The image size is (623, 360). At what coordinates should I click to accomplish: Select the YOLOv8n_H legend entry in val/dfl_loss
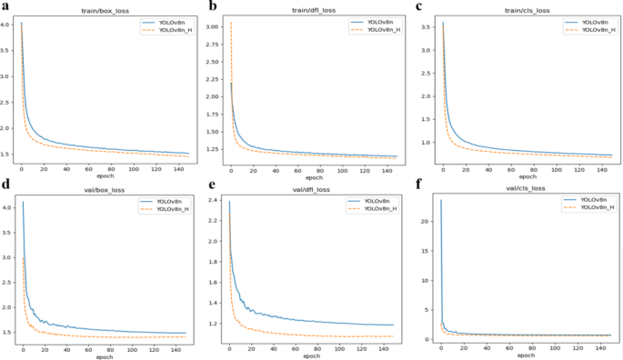[387, 208]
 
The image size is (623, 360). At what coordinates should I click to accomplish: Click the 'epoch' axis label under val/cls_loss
[520, 355]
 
